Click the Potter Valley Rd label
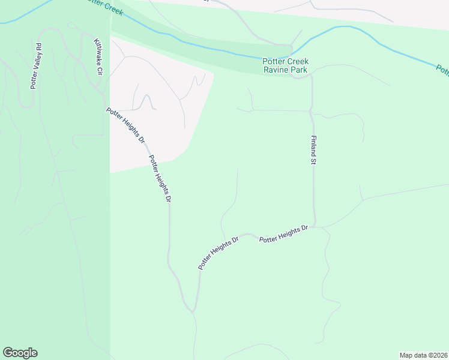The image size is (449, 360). tap(37, 65)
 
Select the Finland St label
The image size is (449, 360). tap(313, 149)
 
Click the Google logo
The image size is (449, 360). tap(20, 353)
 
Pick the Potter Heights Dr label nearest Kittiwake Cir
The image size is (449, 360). tap(125, 125)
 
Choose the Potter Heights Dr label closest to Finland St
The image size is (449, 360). tap(283, 233)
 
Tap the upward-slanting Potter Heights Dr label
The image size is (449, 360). tap(219, 252)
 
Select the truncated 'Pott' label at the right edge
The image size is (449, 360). tap(442, 70)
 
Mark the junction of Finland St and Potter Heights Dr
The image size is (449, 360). tap(315, 227)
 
